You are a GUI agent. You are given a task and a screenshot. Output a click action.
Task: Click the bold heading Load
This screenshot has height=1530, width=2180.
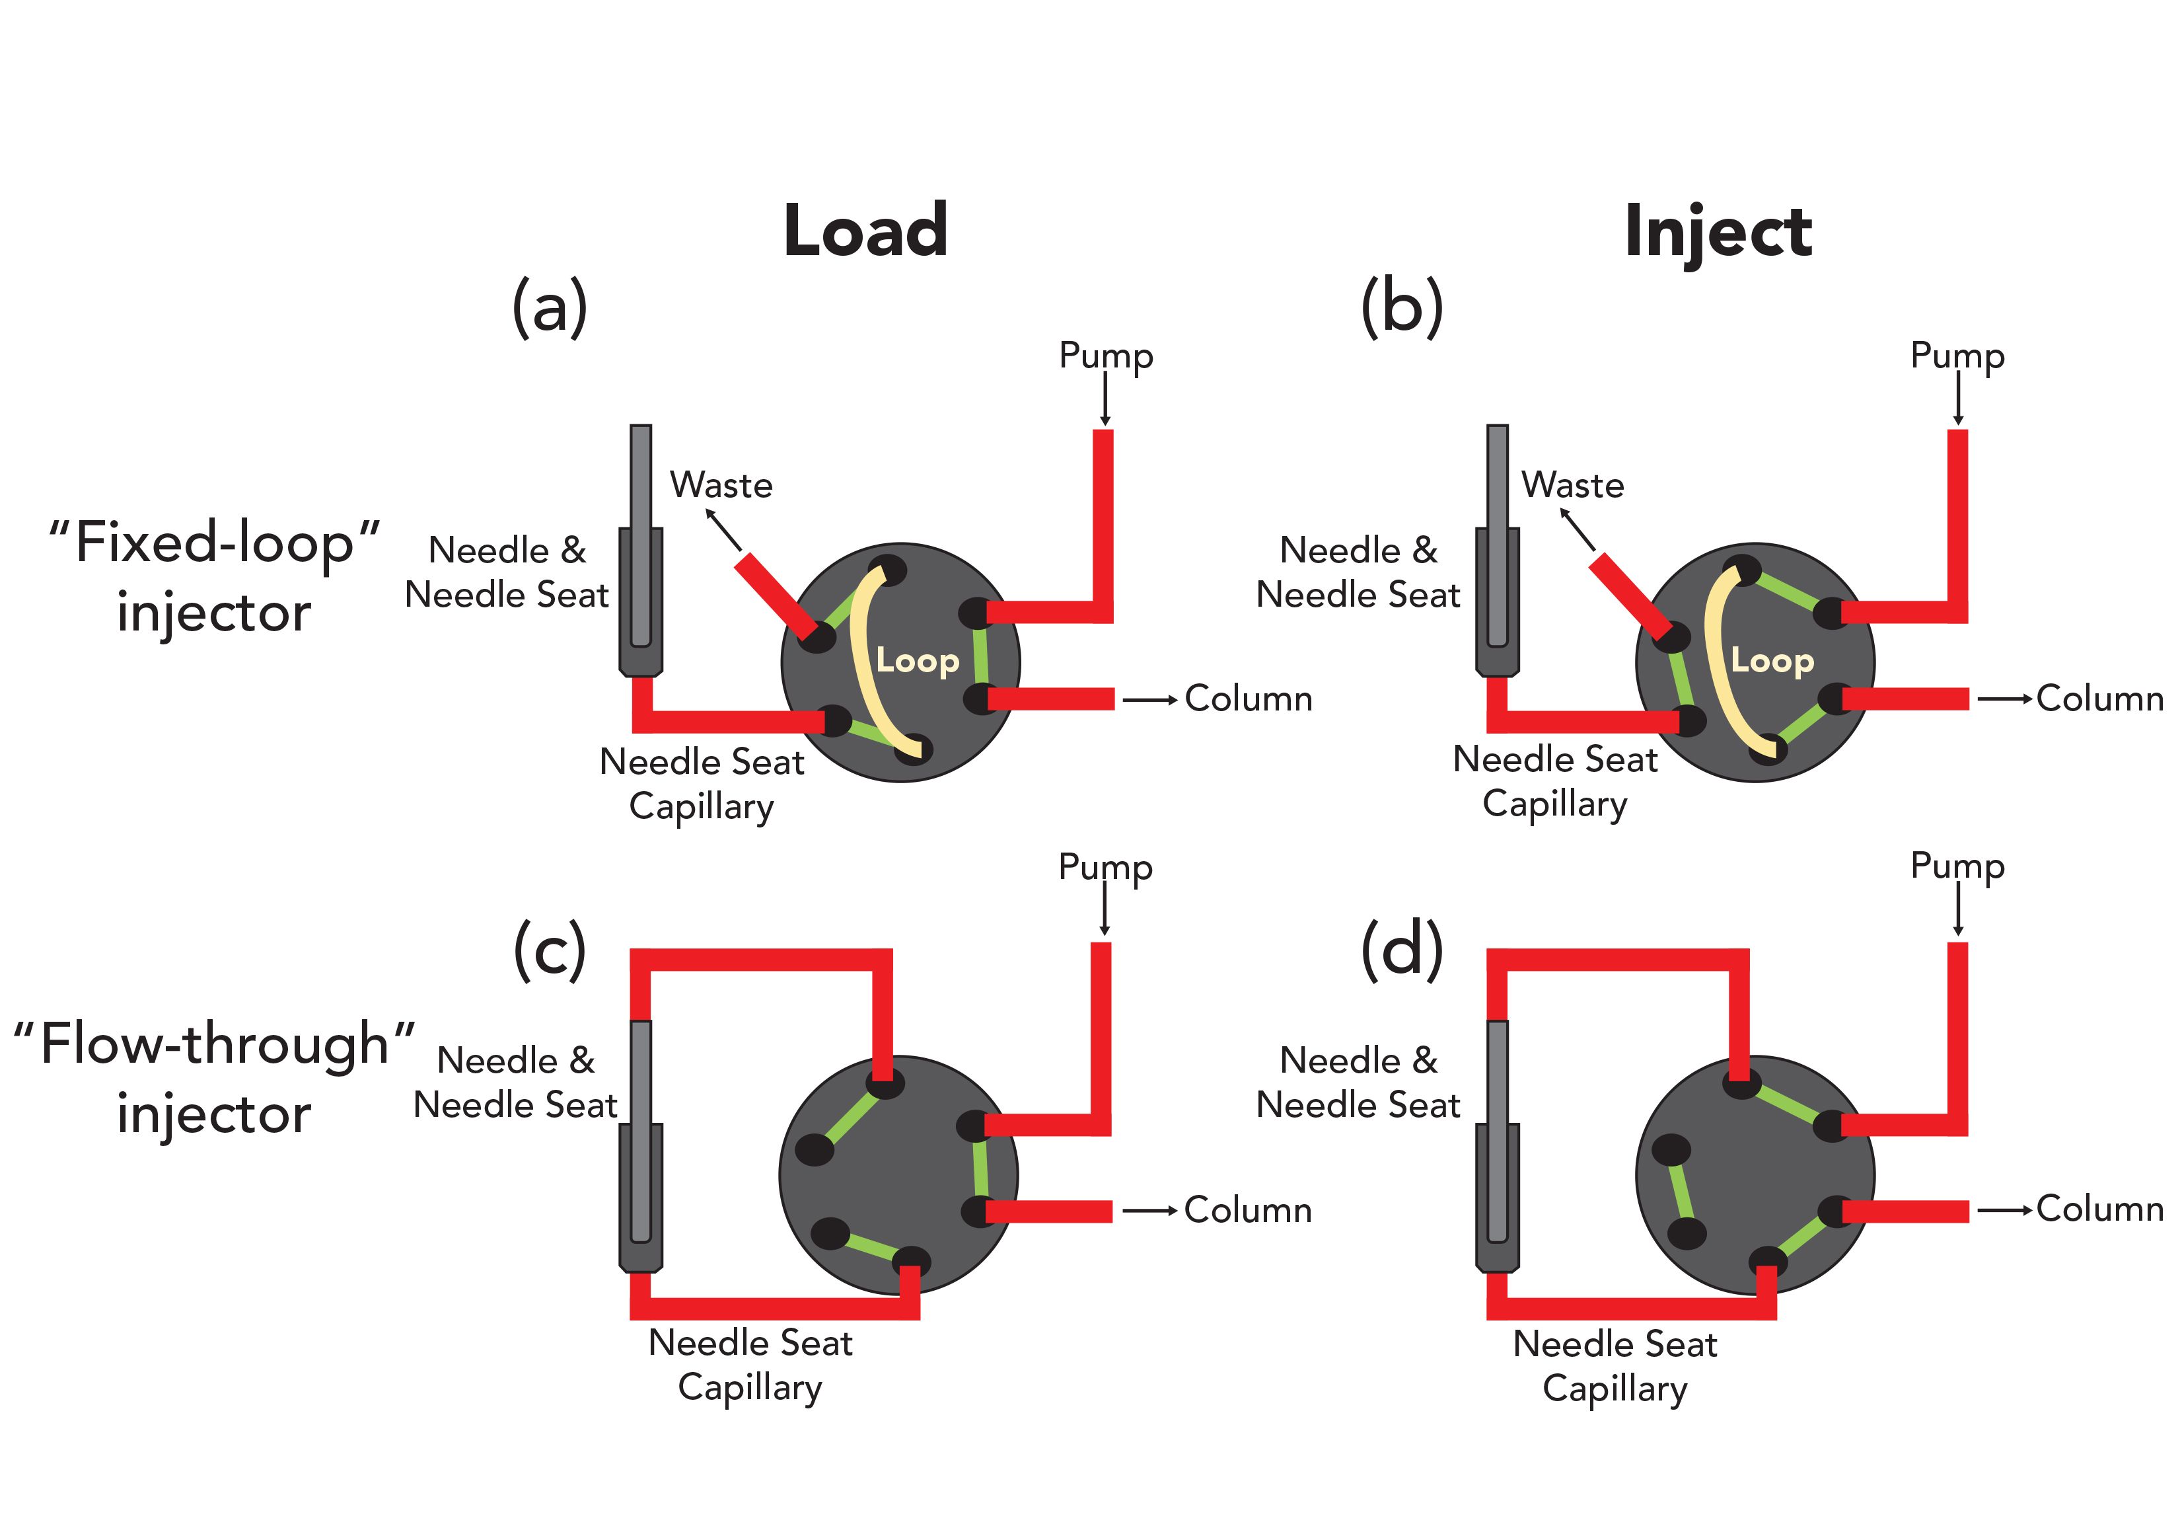[865, 231]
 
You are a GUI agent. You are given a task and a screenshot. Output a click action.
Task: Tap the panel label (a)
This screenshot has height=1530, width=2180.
[550, 307]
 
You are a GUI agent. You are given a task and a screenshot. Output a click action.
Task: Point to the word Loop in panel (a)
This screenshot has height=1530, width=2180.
[917, 660]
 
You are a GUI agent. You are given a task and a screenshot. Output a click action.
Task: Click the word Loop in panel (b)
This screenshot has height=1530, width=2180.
[1772, 660]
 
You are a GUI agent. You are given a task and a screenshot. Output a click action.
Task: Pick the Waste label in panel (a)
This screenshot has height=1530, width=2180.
[721, 485]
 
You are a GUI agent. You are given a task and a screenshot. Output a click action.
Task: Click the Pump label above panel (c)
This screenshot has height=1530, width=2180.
[1105, 867]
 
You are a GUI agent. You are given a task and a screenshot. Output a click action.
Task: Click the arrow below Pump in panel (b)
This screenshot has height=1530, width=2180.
[1958, 399]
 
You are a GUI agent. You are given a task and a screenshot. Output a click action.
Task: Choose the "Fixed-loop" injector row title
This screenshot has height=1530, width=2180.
[215, 576]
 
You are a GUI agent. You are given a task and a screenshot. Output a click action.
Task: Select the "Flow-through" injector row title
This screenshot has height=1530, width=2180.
[215, 1078]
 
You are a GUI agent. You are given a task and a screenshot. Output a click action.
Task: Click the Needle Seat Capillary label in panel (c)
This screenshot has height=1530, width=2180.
[750, 1365]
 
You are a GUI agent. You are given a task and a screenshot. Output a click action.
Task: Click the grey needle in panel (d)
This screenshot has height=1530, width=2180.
[1498, 1130]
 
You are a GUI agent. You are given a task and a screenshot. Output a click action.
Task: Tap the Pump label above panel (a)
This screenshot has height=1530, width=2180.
[1106, 356]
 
